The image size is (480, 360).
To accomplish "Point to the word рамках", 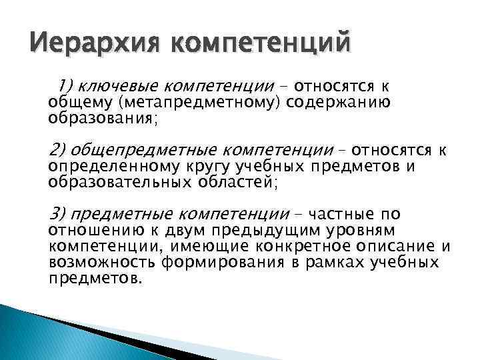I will [x=329, y=262].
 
